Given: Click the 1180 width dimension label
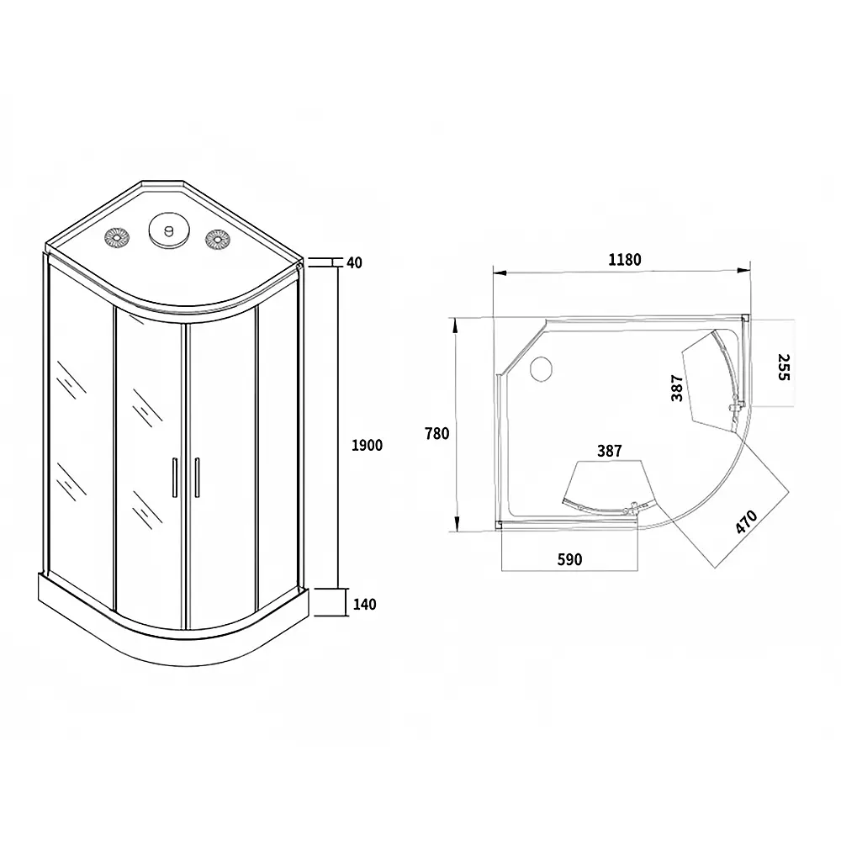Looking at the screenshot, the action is pos(624,260).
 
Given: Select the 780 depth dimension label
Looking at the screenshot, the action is pos(436,433).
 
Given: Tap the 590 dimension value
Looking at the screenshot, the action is pos(569,559).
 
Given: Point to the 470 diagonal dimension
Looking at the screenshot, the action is pos(746,521).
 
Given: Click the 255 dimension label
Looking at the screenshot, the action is pos(784,367).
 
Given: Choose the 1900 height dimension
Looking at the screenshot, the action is pos(367,445).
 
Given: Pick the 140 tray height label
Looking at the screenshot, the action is pos(365,605).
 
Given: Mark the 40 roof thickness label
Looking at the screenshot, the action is pos(355,262).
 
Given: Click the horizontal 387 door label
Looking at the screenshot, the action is pos(609,451).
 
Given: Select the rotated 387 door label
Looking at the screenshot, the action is pos(677,388).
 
